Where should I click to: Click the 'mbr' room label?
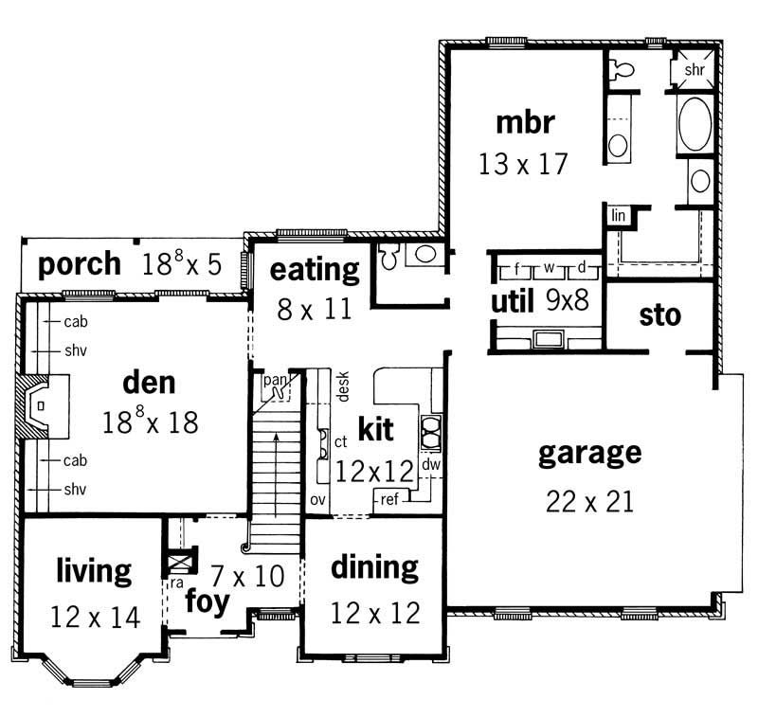point(523,123)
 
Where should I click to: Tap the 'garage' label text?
point(589,453)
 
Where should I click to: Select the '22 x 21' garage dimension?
point(589,500)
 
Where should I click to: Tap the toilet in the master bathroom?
point(621,68)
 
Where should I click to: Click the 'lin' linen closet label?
point(619,216)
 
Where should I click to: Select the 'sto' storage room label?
point(659,315)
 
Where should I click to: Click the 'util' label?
point(511,302)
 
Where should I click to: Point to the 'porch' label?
point(80,263)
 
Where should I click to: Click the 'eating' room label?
point(315,270)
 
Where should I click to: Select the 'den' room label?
point(150,383)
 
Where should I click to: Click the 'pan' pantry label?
point(275,379)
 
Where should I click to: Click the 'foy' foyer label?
point(207,601)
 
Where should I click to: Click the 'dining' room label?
point(374,567)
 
